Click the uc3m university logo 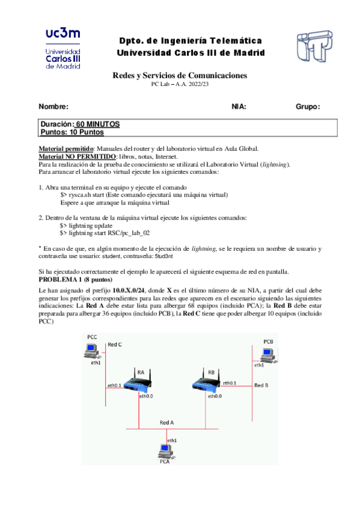[65, 48]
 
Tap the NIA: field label [239, 106]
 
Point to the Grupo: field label [307, 106]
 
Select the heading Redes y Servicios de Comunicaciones [180, 75]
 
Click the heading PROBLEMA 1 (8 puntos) [79, 280]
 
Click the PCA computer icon [165, 450]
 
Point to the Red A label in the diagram [166, 422]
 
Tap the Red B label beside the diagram [261, 384]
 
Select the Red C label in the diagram [115, 344]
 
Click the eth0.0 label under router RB [215, 396]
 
